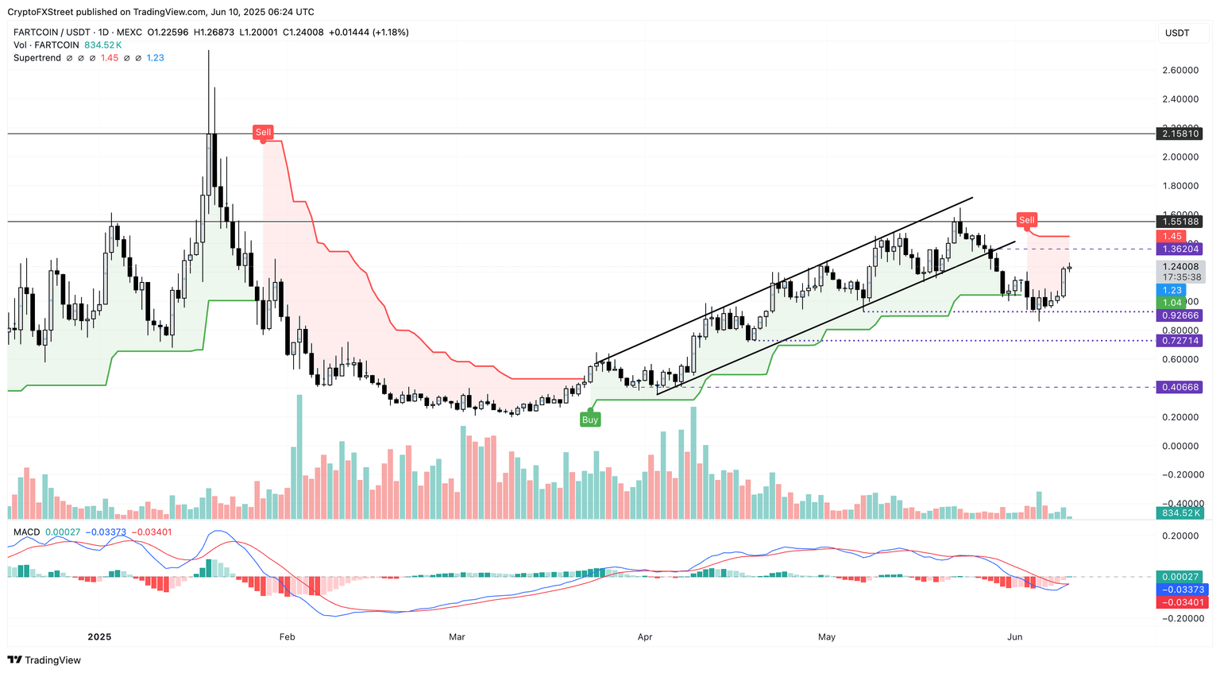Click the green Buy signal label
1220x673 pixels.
click(589, 420)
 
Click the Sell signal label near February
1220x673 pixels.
click(263, 132)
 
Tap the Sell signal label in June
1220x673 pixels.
click(1027, 219)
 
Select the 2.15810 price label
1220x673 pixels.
click(1179, 133)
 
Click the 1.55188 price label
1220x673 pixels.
click(1179, 222)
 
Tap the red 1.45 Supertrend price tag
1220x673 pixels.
click(1172, 236)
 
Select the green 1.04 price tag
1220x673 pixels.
click(1172, 303)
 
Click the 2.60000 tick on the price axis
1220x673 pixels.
click(1179, 70)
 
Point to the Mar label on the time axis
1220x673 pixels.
click(457, 636)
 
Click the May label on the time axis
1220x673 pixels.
click(827, 636)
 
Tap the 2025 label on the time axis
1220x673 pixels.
click(99, 636)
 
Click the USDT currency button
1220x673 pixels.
click(1176, 33)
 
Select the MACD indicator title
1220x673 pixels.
click(26, 532)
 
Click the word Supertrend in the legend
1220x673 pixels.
click(37, 58)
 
